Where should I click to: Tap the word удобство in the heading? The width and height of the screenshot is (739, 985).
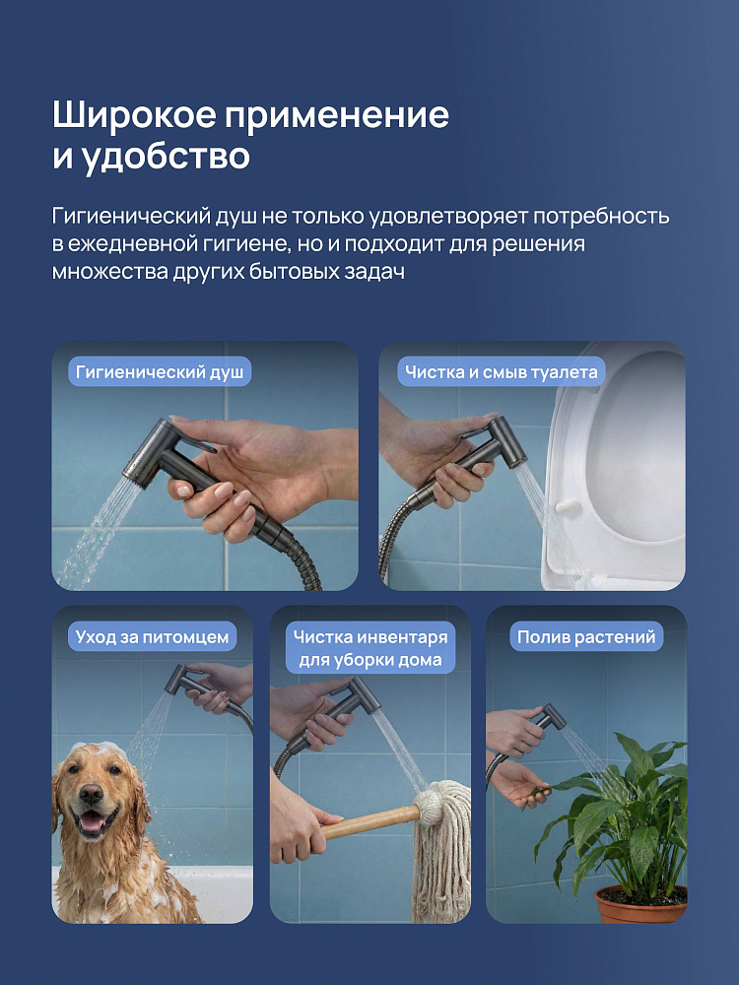[x=167, y=157]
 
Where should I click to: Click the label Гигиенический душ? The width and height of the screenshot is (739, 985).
[x=160, y=372]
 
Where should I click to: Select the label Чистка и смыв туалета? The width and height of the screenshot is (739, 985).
[x=501, y=372]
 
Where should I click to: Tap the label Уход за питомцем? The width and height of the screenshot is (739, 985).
[x=152, y=637]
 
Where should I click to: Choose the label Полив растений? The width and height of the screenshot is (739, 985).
[x=585, y=637]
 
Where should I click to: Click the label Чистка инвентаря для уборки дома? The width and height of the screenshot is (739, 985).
[x=370, y=648]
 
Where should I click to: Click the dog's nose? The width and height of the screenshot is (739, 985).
[x=91, y=794]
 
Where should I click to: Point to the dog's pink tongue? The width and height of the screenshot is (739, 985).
[x=92, y=823]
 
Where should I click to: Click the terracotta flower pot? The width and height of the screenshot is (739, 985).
[x=640, y=904]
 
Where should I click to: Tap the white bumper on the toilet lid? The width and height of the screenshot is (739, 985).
[x=567, y=505]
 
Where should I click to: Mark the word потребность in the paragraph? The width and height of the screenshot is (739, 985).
[x=601, y=216]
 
